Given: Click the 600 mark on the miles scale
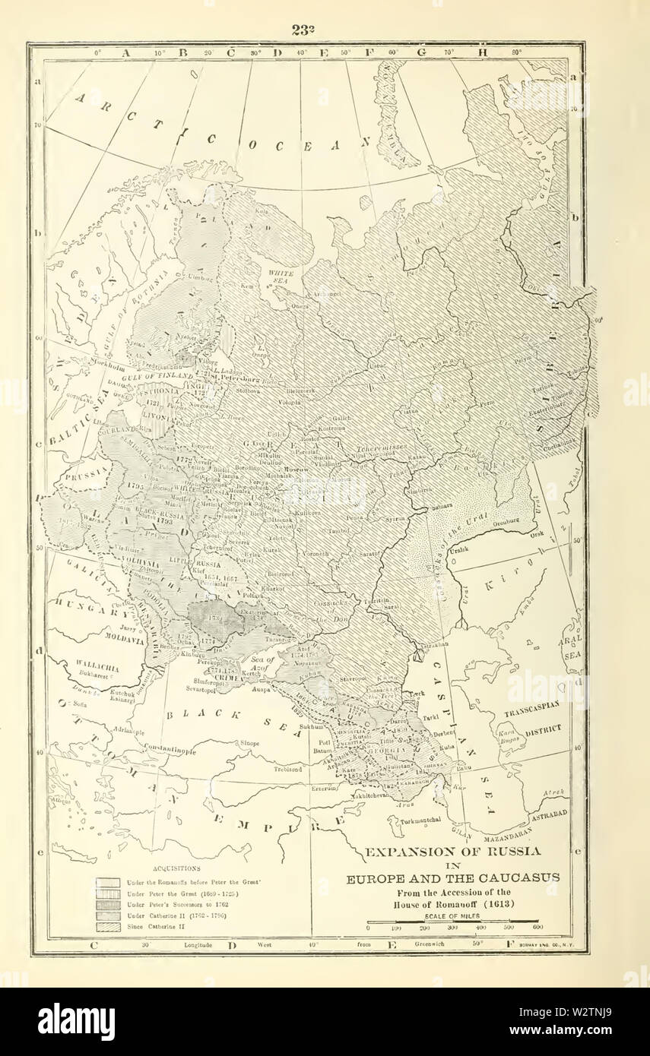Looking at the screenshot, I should coord(537,928).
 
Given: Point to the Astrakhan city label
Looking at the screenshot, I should coord(436,643).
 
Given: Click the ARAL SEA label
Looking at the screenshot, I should coord(572,646).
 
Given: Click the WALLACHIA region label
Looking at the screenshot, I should coord(92,666).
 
